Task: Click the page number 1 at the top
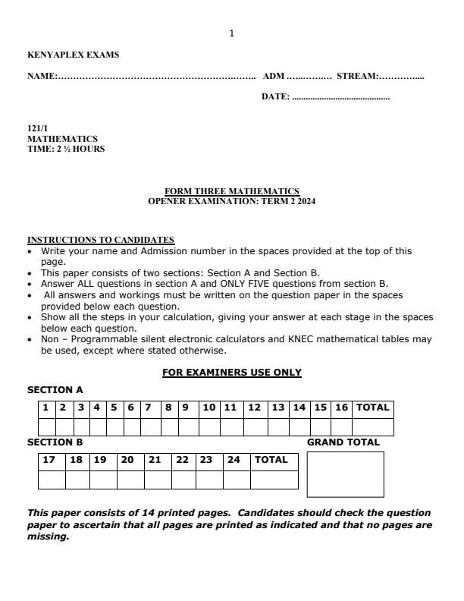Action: tap(232, 33)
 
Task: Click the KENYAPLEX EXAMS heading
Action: tap(73, 55)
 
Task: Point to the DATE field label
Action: tap(275, 97)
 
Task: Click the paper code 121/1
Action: tap(37, 130)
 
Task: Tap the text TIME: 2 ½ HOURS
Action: tap(66, 149)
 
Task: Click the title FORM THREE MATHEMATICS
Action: tap(232, 190)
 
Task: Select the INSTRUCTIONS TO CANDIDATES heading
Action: tap(101, 240)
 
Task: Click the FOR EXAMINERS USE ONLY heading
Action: tap(232, 373)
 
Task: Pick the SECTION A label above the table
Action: tap(55, 389)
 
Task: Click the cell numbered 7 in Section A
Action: tap(148, 407)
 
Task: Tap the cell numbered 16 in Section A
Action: tap(342, 407)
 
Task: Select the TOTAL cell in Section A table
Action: tap(372, 407)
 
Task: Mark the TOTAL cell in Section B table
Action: tap(271, 460)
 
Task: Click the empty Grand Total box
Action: tap(345, 474)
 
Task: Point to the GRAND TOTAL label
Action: tap(343, 442)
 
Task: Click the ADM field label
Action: tap(274, 76)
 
